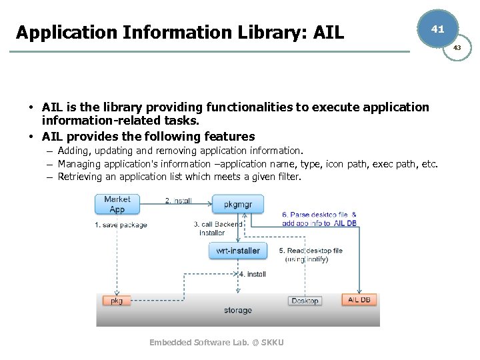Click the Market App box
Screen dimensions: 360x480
coord(117,204)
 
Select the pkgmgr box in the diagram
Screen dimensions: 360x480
coord(238,204)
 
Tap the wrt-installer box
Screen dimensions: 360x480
coord(238,251)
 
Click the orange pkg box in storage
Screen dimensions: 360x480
coord(117,301)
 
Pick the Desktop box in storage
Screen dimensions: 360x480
coord(305,301)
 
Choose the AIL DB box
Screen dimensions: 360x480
coord(359,300)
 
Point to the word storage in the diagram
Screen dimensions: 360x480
coord(238,311)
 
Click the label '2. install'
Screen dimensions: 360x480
coord(179,201)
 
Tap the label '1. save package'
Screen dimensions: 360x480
coord(121,225)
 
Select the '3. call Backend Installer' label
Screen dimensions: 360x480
coord(218,229)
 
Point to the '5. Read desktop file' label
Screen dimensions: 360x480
coord(311,251)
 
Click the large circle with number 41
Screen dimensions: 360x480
coord(437,29)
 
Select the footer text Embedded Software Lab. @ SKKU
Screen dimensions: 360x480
coord(217,342)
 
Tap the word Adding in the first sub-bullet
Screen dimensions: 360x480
coord(74,151)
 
